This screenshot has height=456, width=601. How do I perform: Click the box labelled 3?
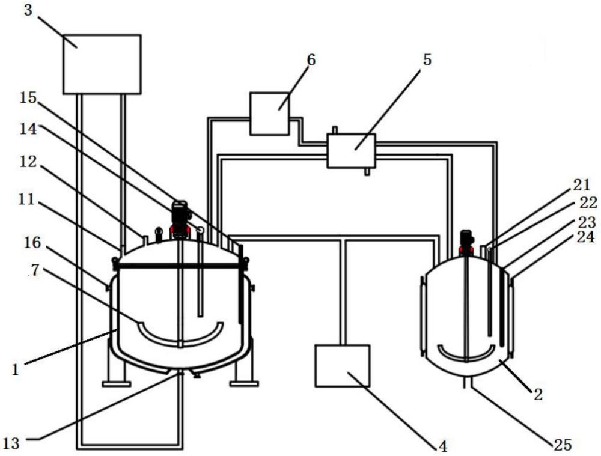pyautogui.click(x=102, y=64)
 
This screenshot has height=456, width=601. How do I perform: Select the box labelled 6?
pyautogui.click(x=269, y=114)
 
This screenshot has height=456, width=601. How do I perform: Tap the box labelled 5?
pyautogui.click(x=352, y=151)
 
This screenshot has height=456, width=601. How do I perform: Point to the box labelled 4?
pyautogui.click(x=343, y=365)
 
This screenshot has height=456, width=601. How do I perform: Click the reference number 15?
pyautogui.click(x=28, y=98)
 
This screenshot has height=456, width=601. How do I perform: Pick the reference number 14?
pyautogui.click(x=29, y=129)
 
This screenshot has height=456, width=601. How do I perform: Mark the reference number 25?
pyautogui.click(x=563, y=445)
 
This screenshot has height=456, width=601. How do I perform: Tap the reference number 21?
pyautogui.click(x=581, y=185)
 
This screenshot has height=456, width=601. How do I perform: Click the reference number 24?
pyautogui.click(x=585, y=237)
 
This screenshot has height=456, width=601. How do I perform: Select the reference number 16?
pyautogui.click(x=32, y=243)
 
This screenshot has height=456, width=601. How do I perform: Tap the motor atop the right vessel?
pyautogui.click(x=466, y=242)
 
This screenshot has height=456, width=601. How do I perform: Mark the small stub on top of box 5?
pyautogui.click(x=335, y=130)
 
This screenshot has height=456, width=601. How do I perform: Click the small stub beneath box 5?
pyautogui.click(x=367, y=172)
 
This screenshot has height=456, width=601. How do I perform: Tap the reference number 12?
pyautogui.click(x=28, y=162)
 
